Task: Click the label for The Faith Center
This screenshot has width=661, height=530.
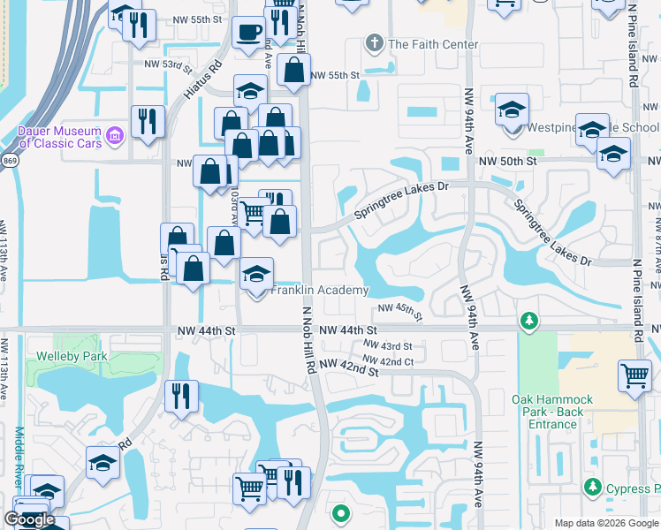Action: [433, 44]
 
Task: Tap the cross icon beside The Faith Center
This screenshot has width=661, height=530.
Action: [375, 44]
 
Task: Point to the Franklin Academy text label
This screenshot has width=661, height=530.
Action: [319, 291]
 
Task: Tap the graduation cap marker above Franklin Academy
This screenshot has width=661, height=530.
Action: [257, 273]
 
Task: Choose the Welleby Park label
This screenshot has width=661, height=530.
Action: [72, 357]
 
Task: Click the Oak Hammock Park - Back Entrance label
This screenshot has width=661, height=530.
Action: [552, 412]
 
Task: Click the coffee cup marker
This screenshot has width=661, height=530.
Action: [248, 33]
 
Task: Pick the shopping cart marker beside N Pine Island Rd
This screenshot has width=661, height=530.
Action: [635, 376]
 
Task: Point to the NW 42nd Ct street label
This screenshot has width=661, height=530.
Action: [389, 362]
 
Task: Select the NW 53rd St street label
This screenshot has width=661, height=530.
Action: [169, 64]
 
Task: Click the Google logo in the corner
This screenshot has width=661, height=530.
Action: [29, 520]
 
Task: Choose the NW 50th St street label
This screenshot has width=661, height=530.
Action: [508, 162]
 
